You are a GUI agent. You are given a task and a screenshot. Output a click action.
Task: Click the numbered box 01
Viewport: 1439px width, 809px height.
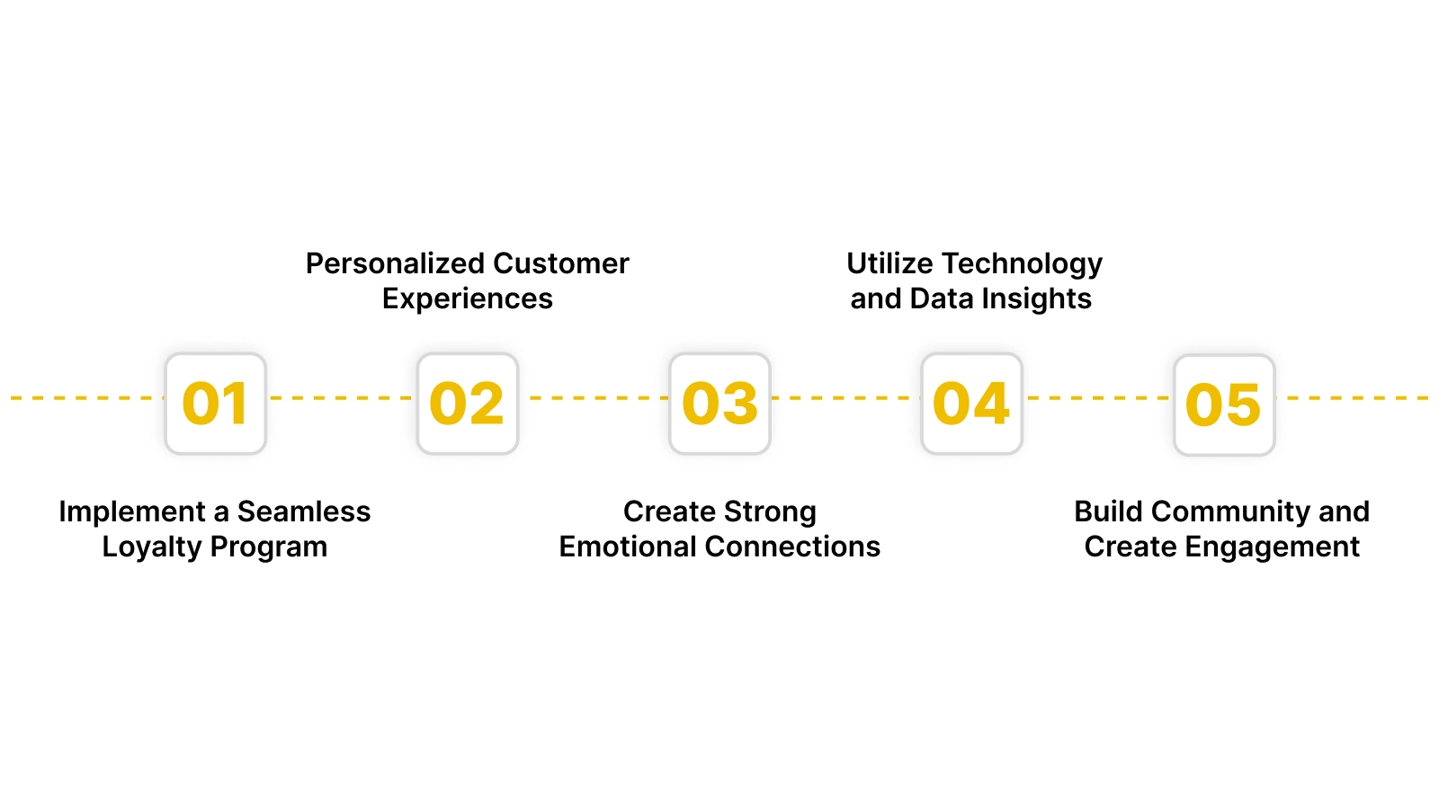click(216, 404)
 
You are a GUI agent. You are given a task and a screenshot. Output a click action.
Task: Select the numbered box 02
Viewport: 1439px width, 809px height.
click(468, 404)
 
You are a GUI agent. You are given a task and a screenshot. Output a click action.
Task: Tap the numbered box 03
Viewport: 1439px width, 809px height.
click(719, 404)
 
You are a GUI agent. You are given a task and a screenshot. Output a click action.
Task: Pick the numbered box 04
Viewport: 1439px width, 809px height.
click(971, 404)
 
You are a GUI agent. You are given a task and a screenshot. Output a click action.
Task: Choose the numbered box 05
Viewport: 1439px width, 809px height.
click(1224, 404)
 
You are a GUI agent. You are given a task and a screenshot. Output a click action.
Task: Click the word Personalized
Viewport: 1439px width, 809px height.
click(396, 263)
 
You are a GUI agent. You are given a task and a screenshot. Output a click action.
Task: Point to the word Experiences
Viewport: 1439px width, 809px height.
click(467, 299)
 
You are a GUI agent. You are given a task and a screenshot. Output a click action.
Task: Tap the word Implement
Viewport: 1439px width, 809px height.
click(132, 512)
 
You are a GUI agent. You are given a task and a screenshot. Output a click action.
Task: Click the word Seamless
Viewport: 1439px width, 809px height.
click(303, 511)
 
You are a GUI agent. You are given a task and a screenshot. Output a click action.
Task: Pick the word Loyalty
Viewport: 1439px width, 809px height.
click(151, 547)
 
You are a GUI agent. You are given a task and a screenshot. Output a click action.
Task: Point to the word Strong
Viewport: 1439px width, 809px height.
click(769, 512)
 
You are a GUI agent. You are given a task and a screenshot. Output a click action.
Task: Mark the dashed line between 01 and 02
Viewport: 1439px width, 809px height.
click(342, 397)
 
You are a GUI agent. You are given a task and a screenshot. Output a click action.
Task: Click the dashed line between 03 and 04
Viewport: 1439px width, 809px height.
click(845, 397)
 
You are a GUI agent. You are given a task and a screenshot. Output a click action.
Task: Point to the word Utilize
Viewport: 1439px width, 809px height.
click(889, 263)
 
